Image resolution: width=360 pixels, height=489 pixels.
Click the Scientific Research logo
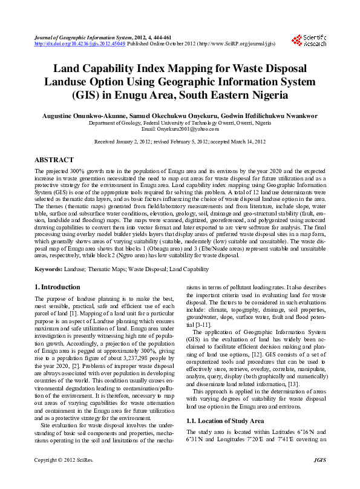tap(309, 41)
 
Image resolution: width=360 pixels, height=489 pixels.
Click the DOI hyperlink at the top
tap(80, 44)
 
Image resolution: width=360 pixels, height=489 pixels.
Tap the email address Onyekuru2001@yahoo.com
tap(180, 129)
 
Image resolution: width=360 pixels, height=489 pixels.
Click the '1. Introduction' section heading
tap(57, 287)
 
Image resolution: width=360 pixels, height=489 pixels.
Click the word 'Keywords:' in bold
tap(49, 268)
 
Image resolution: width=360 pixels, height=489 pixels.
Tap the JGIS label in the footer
tap(319, 478)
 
